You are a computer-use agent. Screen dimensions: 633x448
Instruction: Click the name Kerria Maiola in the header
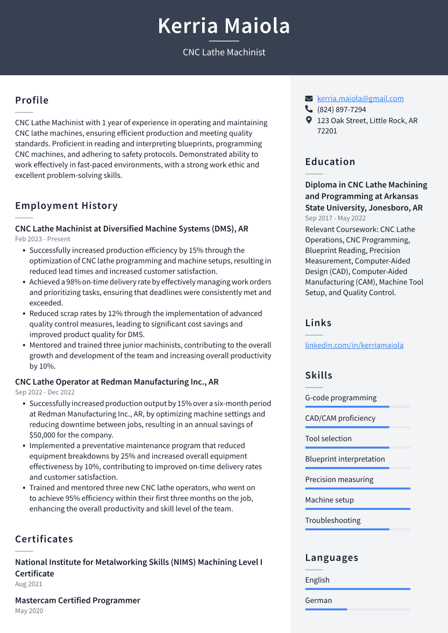point(224,26)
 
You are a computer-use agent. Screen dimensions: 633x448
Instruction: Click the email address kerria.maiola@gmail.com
point(360,99)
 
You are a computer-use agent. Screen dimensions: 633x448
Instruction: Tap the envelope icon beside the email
point(309,99)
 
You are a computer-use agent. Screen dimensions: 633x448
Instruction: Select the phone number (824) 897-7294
point(342,110)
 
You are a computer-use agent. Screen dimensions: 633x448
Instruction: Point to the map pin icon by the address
point(309,120)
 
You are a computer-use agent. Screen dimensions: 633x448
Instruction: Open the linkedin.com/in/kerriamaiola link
point(354,346)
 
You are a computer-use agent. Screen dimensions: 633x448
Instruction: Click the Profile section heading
point(32,100)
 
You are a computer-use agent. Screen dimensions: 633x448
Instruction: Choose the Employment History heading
point(66,206)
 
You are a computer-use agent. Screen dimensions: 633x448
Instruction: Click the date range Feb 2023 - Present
point(42,239)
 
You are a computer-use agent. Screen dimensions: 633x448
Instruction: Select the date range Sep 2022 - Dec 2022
point(45,392)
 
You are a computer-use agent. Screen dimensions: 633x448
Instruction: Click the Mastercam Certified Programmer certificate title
point(77,600)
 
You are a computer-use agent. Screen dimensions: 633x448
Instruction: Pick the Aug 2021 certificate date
point(29,584)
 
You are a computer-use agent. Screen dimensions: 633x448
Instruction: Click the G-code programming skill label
point(340,398)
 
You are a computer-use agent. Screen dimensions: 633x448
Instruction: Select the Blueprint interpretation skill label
point(345,459)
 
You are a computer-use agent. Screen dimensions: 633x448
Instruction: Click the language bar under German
point(358,609)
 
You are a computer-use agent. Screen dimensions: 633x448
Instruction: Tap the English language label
point(317,580)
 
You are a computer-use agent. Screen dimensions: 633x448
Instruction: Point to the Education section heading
point(330,162)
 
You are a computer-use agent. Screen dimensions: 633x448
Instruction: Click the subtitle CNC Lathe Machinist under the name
point(224,52)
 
